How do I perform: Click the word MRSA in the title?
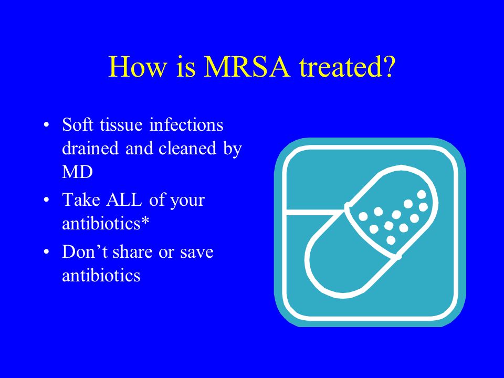247,67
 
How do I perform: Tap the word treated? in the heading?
346,67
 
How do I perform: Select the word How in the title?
138,67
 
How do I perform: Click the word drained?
90,148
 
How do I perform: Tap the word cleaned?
187,148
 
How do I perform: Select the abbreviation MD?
77,172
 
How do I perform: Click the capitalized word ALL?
124,199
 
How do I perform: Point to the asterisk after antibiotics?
145,221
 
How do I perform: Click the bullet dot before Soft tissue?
47,125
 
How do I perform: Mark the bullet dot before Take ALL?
47,200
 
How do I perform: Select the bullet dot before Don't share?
47,251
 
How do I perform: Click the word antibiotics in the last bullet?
101,275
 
